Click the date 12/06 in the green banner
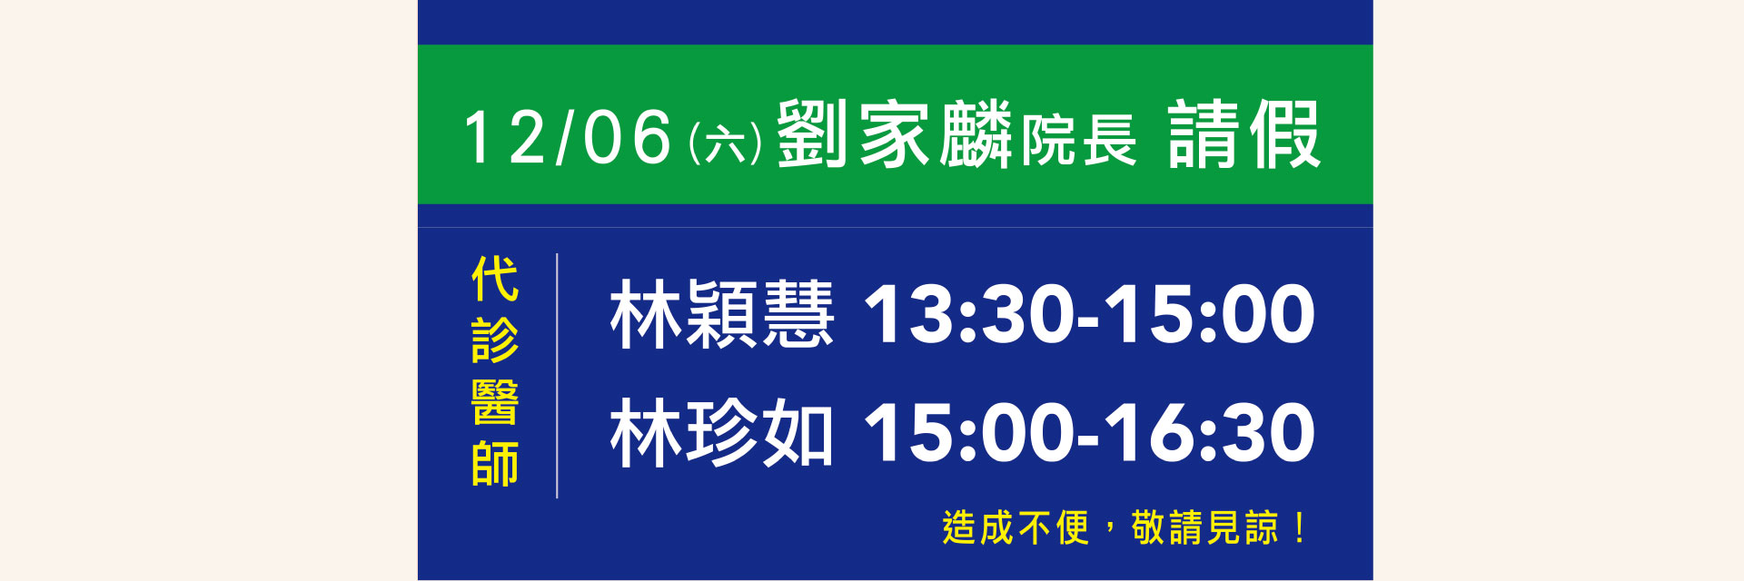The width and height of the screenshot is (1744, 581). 568,136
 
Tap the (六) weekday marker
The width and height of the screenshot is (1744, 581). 725,143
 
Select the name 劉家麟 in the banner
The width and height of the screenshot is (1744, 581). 894,134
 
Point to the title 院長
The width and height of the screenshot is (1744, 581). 1079,142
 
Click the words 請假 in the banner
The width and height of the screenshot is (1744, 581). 1244,134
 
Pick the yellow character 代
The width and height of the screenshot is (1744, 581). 495,279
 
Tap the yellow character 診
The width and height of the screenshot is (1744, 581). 495,340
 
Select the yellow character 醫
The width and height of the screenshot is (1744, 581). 495,402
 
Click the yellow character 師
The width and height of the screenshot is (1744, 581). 495,464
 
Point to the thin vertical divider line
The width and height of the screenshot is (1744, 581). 557,376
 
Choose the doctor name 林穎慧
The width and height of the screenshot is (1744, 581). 722,314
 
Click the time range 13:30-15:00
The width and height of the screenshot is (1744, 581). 1089,314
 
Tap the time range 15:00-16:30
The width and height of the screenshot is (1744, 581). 1089,432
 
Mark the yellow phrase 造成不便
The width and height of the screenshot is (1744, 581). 1016,527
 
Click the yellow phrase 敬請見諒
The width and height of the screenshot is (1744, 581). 1205,527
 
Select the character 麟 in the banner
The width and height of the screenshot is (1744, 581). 976,134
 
